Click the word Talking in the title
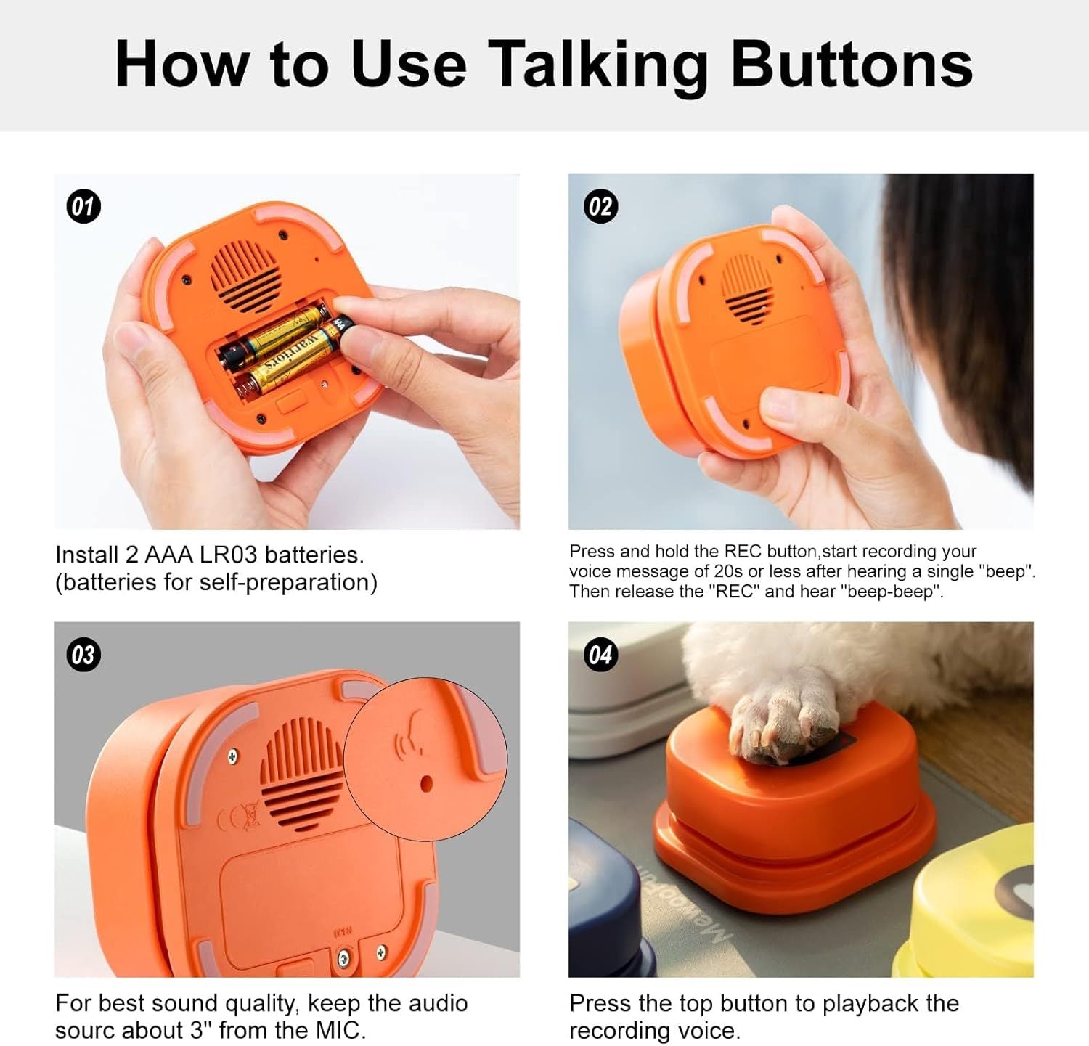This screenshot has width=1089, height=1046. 597,65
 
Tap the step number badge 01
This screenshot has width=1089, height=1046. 83,207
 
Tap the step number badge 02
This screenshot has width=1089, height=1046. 600,207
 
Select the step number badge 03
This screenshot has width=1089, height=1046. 83,655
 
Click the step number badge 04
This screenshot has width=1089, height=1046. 600,655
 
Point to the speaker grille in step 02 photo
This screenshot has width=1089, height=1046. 747,289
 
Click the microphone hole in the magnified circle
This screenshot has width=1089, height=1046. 426,783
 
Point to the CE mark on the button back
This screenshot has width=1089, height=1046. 240,817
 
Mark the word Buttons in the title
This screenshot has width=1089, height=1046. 851,65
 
